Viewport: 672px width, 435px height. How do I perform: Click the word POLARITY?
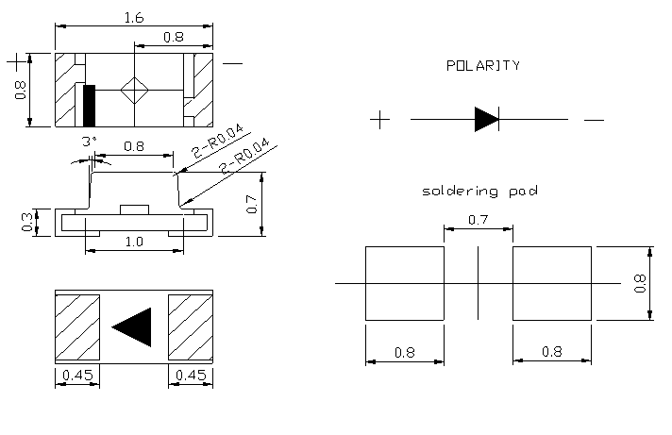[482, 66]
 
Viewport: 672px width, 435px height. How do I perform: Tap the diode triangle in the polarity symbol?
[485, 119]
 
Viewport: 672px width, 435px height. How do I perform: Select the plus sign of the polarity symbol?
[379, 120]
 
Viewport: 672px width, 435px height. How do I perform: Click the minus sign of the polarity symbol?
[593, 120]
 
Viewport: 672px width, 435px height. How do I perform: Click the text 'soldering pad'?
[479, 192]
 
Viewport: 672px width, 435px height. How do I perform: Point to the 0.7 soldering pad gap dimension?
[479, 219]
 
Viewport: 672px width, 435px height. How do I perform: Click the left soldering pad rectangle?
[404, 283]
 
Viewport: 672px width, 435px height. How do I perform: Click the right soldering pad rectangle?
[552, 283]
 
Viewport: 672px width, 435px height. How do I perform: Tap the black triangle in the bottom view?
[135, 326]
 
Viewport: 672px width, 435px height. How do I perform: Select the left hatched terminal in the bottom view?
[77, 326]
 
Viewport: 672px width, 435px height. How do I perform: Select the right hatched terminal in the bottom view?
[190, 326]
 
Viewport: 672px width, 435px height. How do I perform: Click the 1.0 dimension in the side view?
[134, 243]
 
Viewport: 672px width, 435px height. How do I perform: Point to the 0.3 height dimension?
[27, 223]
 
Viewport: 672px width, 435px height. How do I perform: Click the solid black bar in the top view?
[90, 105]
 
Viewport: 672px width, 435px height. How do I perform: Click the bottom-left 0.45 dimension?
[76, 376]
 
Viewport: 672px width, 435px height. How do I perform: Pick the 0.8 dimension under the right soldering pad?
[552, 352]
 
